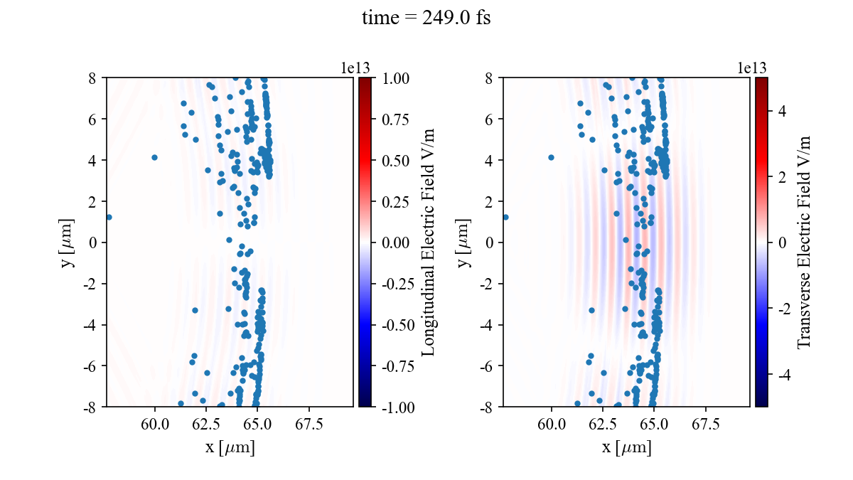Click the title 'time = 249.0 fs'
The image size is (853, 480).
(426, 18)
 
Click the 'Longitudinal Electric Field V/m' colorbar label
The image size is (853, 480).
(428, 242)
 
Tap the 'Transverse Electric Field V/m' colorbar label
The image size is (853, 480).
(804, 242)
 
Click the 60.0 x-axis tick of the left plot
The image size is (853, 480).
(156, 424)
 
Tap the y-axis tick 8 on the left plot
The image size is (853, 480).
(93, 78)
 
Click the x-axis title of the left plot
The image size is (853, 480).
(229, 448)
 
